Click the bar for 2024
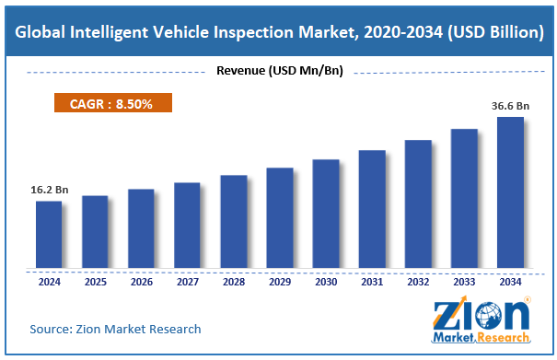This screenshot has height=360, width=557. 49,236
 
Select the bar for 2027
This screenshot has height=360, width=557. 187,226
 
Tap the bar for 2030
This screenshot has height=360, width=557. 326,215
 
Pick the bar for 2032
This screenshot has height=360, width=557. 418,205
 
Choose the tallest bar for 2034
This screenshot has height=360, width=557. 510,193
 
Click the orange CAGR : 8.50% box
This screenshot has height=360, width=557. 108,104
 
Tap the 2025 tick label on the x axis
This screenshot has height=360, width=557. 95,282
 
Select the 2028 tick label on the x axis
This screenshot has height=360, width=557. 233,282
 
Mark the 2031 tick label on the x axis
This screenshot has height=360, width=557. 372,282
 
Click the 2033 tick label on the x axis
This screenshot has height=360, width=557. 464,282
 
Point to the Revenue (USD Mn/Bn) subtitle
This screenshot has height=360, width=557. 278,71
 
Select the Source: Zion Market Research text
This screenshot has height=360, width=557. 115,329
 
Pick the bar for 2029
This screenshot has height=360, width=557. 279,220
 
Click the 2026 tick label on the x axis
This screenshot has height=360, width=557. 141,282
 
